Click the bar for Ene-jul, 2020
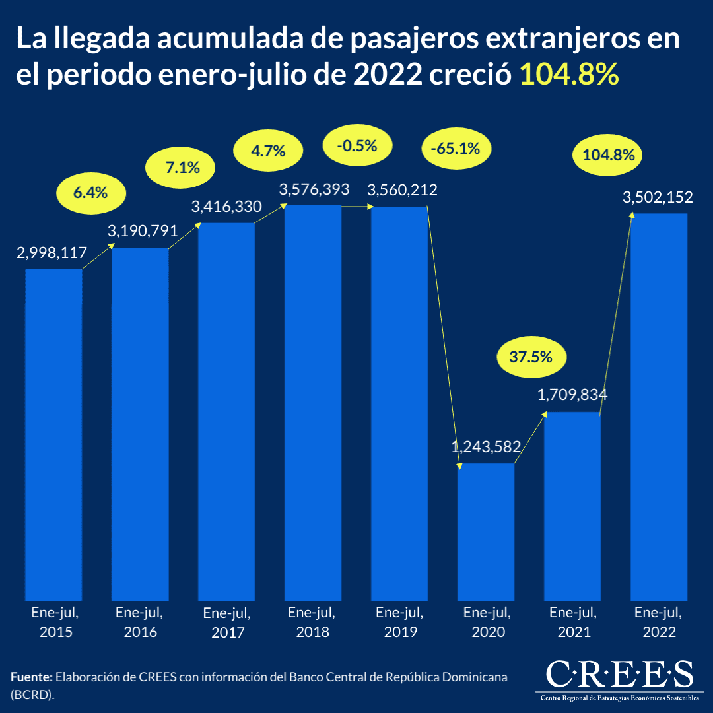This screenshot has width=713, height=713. click(486, 531)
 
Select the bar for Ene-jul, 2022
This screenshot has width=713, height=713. click(659, 406)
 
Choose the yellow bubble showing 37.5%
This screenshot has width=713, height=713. click(530, 356)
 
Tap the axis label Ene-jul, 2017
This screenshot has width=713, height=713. click(227, 622)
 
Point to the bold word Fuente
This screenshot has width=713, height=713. click(31, 678)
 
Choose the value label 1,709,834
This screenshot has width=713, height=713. click(572, 395)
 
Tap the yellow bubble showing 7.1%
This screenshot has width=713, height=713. click(181, 168)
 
